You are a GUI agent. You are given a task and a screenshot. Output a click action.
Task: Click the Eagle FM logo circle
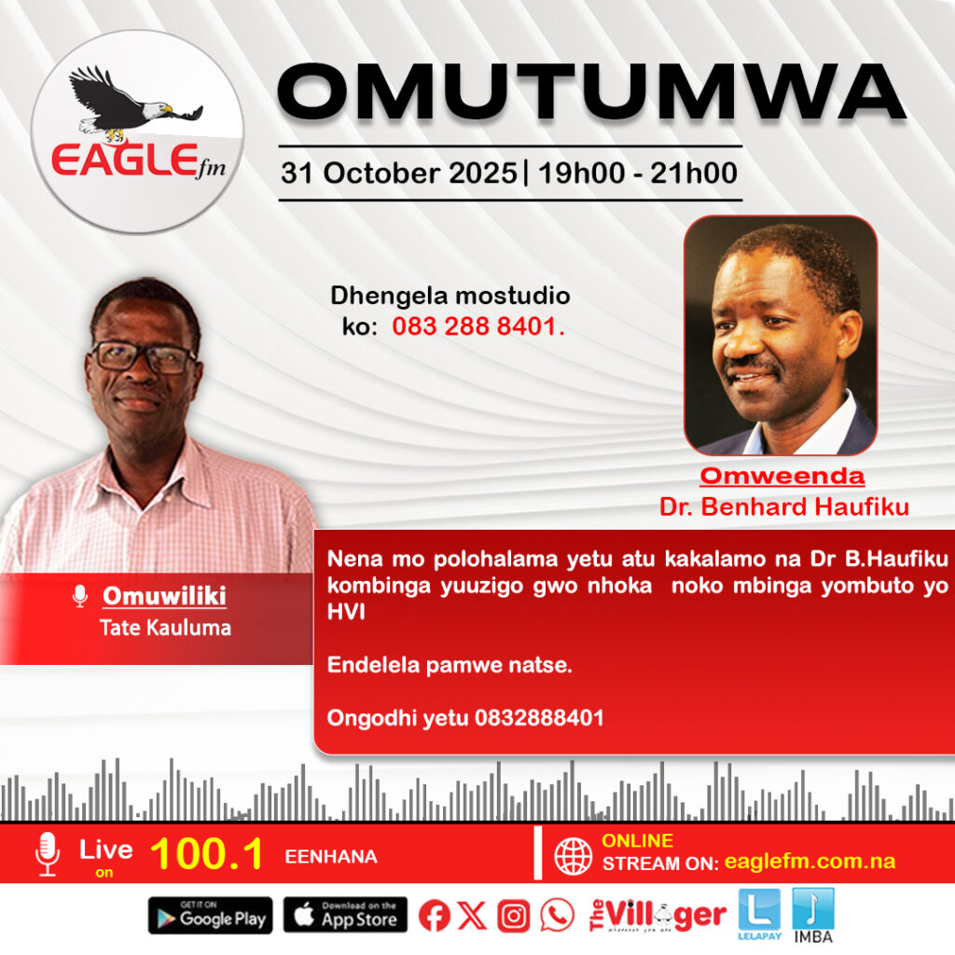137,131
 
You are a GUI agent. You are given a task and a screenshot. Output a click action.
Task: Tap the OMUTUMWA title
591,93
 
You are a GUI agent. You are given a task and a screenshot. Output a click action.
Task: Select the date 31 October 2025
399,173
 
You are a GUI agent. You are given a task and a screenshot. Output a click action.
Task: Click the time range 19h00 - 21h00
638,173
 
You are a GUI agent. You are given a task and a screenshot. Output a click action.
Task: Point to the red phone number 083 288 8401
478,326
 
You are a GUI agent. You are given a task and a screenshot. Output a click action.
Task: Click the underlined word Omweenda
782,477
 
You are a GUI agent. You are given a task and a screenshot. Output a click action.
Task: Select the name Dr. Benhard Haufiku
783,506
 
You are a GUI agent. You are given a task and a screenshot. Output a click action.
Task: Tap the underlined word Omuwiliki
164,596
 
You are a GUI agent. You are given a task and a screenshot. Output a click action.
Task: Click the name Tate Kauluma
165,628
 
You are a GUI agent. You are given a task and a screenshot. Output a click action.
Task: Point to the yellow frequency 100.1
207,853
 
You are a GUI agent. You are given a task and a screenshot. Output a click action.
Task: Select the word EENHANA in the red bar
331,857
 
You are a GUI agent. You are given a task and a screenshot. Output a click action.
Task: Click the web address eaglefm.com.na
810,861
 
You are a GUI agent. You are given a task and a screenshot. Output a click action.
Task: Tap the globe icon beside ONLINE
573,856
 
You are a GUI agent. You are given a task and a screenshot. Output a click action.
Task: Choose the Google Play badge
210,915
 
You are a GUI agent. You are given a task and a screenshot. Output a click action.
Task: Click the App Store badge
345,915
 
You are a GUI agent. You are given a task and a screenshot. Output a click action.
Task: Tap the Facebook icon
435,916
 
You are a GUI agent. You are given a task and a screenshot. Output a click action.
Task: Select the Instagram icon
514,916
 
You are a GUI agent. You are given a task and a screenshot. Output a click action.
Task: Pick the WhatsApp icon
557,916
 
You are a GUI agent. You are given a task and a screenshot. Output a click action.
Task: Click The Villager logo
657,916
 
